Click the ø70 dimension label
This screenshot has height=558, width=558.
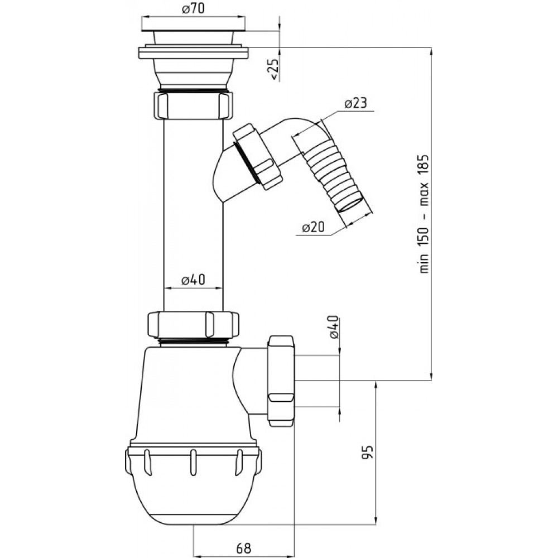194,8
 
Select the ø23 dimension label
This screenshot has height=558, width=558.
355,103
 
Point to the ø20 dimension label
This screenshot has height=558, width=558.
313,227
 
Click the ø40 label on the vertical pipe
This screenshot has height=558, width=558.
193,280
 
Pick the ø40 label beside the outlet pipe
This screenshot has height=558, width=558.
334,327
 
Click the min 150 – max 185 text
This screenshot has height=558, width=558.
424,214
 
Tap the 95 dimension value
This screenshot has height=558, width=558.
368,452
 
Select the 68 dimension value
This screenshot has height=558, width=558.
243,548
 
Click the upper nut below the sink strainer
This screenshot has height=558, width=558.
194,105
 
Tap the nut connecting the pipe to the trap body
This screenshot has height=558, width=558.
193,324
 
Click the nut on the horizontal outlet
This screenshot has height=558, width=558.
281,381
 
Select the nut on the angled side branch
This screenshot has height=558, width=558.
257,157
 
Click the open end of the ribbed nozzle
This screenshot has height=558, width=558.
354,206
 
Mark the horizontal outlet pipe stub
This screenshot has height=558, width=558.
316,381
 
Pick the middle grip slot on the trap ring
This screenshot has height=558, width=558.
193,463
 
